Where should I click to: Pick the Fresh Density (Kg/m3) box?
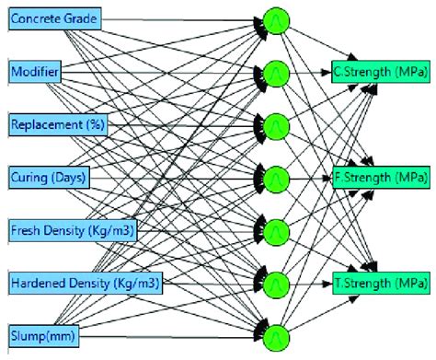click(73, 227)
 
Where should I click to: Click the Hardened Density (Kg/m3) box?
click(82, 280)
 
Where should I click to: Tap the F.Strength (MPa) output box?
click(378, 175)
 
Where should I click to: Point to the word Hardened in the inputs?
click(39, 280)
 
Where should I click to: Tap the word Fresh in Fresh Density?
click(28, 227)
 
